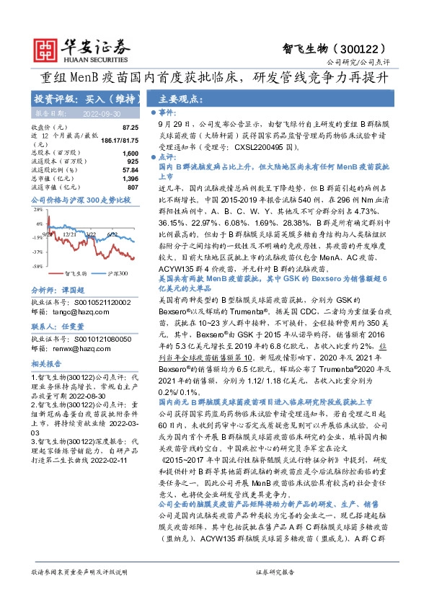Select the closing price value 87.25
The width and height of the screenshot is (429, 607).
129,127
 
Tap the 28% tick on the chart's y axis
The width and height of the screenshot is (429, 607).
37,211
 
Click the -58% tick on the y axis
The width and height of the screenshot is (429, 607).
37,267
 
